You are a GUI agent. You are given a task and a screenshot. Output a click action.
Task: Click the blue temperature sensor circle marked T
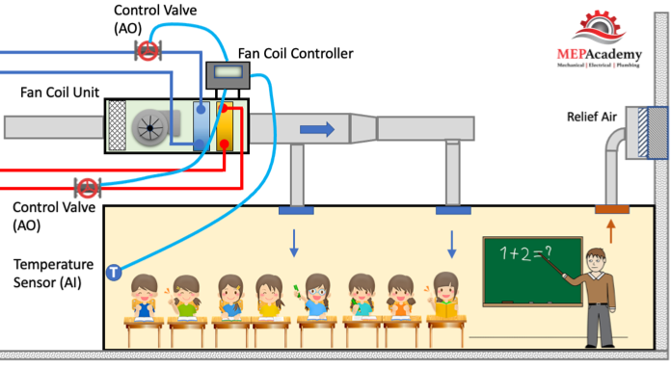coord(114,273)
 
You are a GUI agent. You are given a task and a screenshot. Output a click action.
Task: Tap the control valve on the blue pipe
coord(148,51)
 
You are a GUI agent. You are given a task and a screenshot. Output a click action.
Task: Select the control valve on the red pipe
coord(88,188)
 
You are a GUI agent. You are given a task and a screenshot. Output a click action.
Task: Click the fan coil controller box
coord(228,75)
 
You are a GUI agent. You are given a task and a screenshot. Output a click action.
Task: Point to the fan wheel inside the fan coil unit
coord(149,127)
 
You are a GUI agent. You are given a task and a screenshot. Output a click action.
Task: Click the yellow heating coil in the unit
coord(225,126)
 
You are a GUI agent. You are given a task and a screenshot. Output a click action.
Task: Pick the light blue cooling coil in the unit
coord(201,126)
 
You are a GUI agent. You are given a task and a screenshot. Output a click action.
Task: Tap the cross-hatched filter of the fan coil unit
coord(118,125)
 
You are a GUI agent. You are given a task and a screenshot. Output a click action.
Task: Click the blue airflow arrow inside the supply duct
coord(317,129)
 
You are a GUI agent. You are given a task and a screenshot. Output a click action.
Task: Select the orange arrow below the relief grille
coord(611,231)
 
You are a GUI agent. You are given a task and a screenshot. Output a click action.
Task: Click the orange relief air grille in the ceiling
coord(612,209)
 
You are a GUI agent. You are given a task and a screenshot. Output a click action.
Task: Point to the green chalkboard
coord(533,272)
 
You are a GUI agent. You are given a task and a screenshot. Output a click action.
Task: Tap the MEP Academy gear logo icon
coord(599,26)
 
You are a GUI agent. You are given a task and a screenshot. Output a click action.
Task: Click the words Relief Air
coord(592,117)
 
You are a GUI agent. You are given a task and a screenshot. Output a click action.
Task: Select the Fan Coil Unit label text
coord(60,92)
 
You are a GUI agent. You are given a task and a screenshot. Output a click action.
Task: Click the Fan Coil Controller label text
coord(296,53)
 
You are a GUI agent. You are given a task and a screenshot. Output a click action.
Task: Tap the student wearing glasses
coord(317,297)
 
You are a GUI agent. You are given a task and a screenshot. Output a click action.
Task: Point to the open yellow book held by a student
coord(446,309)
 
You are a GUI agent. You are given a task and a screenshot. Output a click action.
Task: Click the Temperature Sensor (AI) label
coord(53,274)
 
